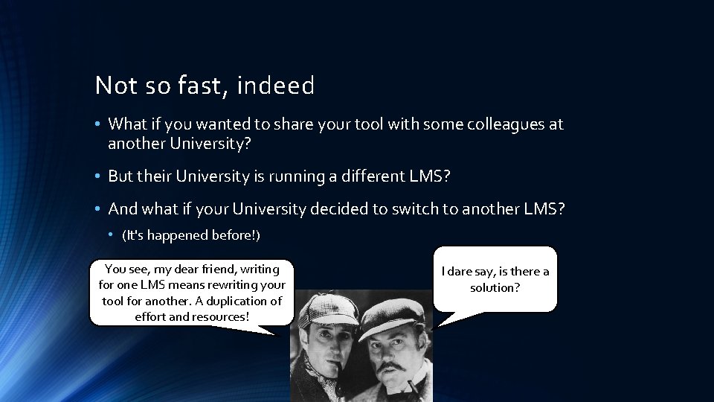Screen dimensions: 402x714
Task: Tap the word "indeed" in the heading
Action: [276, 86]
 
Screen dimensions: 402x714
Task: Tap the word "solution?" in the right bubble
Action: [495, 287]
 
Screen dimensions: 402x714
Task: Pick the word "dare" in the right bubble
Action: [463, 272]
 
